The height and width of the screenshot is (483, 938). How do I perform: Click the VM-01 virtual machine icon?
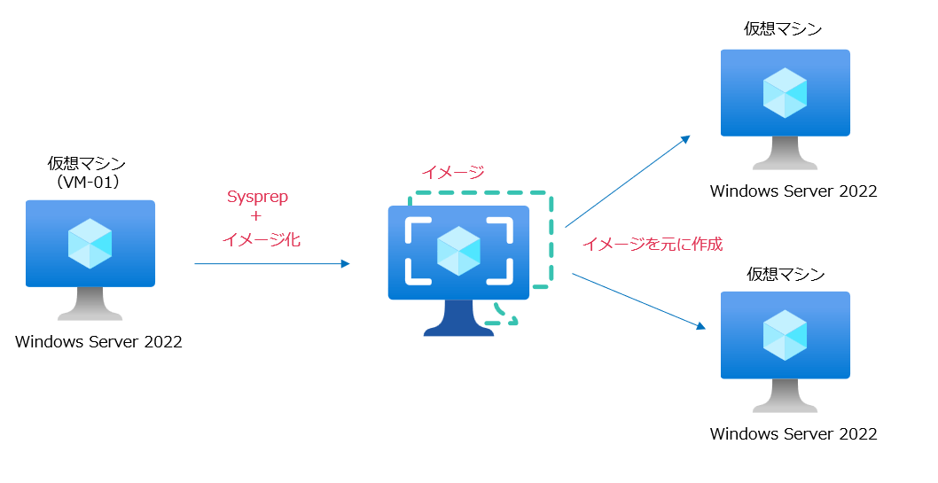[90, 253]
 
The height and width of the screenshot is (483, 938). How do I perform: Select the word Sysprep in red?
[257, 197]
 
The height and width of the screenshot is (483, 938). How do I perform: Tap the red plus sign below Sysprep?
[256, 217]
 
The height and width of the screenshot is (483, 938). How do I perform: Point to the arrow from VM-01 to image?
[271, 263]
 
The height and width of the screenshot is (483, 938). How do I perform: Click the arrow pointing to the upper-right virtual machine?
[627, 182]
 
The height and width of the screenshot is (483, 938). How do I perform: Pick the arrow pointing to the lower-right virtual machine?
[638, 301]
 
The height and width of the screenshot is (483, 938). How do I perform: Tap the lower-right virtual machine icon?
[785, 346]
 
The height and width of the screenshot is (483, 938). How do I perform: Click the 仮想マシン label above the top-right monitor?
[783, 29]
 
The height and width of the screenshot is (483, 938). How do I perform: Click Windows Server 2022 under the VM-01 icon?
[98, 341]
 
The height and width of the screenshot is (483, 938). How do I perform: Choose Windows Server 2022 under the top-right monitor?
[793, 191]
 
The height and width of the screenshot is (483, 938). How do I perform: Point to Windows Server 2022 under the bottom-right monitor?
[793, 434]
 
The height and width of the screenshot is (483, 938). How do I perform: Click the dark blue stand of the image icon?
[458, 320]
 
